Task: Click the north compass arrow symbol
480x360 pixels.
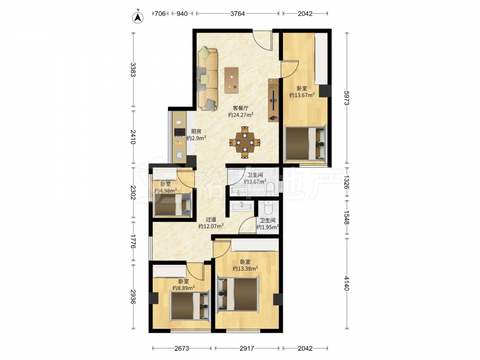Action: tap(138, 17)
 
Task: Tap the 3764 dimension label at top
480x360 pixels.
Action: tap(238, 13)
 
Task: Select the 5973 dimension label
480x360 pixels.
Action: tap(347, 98)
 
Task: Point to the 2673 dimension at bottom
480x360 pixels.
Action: tap(182, 348)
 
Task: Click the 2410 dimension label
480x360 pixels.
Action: tap(133, 137)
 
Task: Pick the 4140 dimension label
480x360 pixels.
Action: tap(347, 283)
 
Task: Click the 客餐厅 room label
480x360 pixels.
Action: tap(240, 108)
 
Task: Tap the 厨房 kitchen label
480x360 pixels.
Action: tap(196, 132)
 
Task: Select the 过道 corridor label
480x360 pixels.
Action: tap(211, 219)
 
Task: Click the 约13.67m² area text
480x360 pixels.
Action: tap(302, 95)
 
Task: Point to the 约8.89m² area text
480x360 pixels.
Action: tap(184, 288)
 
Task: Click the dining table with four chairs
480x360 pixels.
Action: tap(245, 143)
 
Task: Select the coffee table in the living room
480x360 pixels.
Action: tap(231, 80)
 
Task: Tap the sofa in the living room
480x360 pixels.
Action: tap(207, 78)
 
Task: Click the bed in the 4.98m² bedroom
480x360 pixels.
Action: tap(172, 204)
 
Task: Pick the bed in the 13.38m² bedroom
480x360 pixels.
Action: tap(238, 295)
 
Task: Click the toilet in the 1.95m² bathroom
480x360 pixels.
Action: tap(268, 207)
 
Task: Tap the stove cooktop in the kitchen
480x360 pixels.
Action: tap(180, 132)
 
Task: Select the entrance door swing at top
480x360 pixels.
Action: tap(263, 40)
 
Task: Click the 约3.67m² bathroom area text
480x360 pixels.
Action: tap(255, 181)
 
